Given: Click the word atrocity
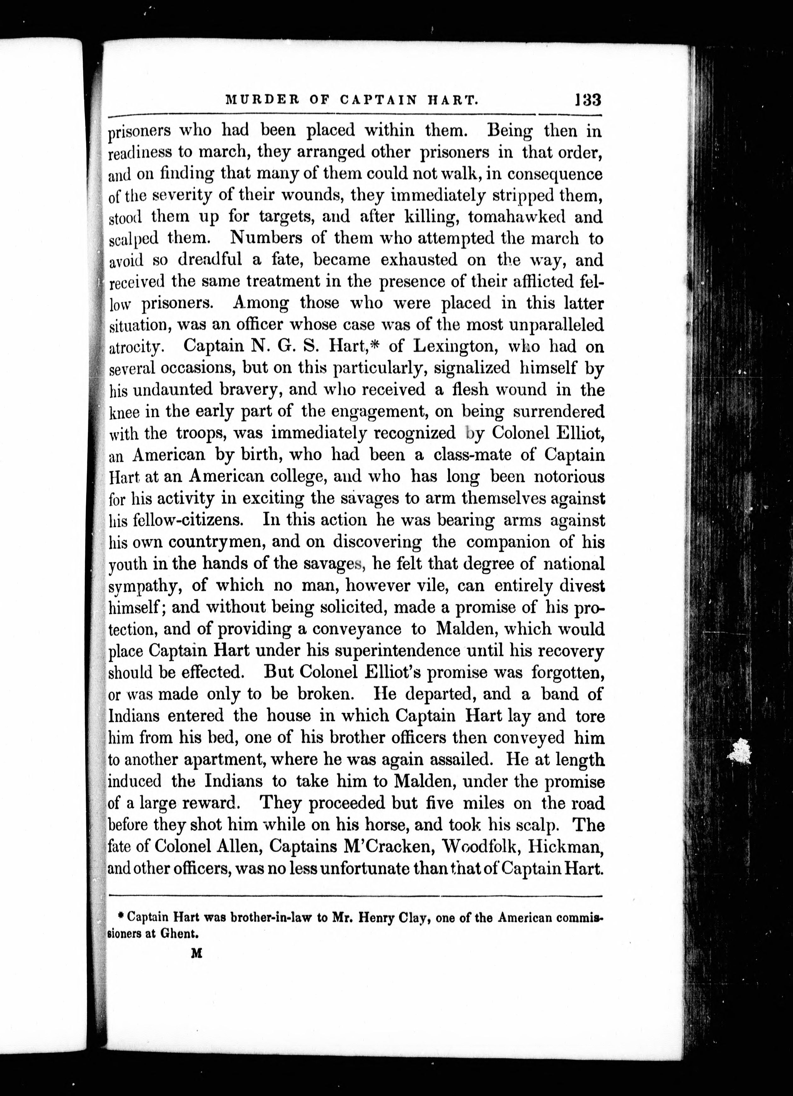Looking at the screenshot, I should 140,347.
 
